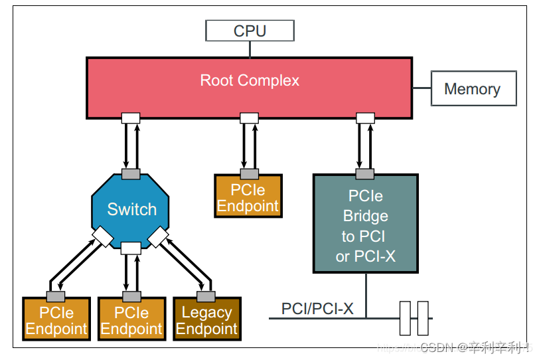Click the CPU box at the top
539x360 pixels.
point(250,31)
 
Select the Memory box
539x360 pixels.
point(473,89)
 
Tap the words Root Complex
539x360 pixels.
point(250,81)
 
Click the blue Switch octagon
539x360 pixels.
point(131,209)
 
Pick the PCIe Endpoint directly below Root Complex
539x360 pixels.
point(248,197)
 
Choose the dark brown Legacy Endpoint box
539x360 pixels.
point(206,320)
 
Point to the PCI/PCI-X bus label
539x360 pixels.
point(317,309)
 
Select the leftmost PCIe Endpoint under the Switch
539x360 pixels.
point(56,320)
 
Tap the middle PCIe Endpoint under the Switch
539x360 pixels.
point(131,320)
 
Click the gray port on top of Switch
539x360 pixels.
point(131,174)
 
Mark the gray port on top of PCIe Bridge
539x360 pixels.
point(365,174)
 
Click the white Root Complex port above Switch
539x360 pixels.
point(131,118)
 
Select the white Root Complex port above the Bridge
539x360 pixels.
point(365,118)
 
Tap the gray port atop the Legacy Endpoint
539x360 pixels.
point(206,296)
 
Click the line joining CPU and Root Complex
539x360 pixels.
point(250,49)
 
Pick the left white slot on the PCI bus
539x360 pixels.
point(406,318)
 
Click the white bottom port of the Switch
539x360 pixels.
point(131,248)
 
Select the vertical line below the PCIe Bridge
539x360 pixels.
point(365,295)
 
